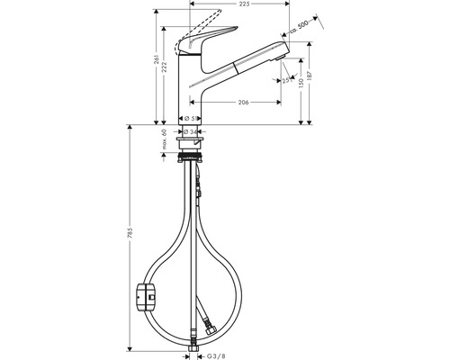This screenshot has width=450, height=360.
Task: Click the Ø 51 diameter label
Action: click(193, 118)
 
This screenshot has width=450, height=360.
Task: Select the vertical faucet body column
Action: click(193, 85)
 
